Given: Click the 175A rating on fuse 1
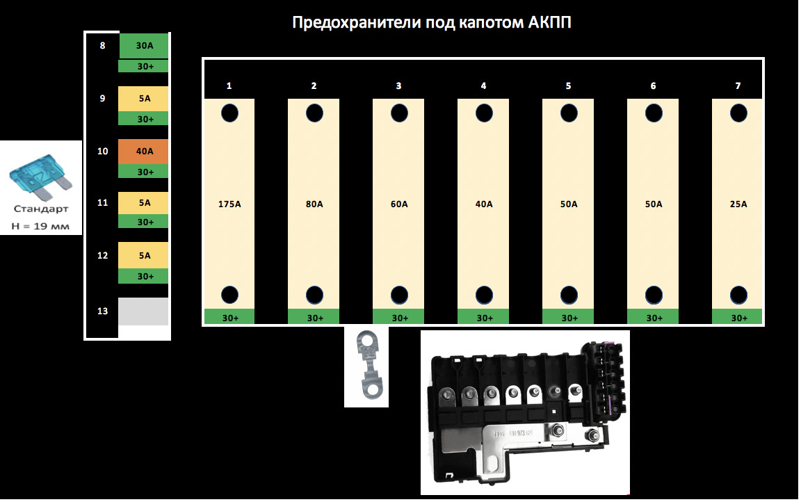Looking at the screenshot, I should [229, 204].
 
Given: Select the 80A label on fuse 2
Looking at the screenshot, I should [314, 204].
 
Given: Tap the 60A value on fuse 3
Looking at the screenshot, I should [399, 204].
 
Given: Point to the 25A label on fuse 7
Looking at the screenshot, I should [738, 204].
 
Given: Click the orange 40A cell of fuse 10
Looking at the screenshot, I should [144, 152].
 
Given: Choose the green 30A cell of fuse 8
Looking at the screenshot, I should [144, 46].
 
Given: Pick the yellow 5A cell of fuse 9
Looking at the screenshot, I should [144, 99].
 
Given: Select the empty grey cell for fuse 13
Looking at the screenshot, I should [143, 311].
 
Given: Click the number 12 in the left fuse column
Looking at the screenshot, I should [102, 255].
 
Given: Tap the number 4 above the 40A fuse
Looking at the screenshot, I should [483, 86].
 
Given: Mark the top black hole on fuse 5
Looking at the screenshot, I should [569, 113].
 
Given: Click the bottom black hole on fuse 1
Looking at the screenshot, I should [229, 295].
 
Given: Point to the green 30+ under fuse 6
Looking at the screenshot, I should [654, 318].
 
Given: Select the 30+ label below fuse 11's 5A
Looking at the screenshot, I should [145, 222].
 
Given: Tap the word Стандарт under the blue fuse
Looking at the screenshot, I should [40, 209].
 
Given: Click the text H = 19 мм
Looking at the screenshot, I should [40, 225].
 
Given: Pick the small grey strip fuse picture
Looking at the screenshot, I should [366, 366].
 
